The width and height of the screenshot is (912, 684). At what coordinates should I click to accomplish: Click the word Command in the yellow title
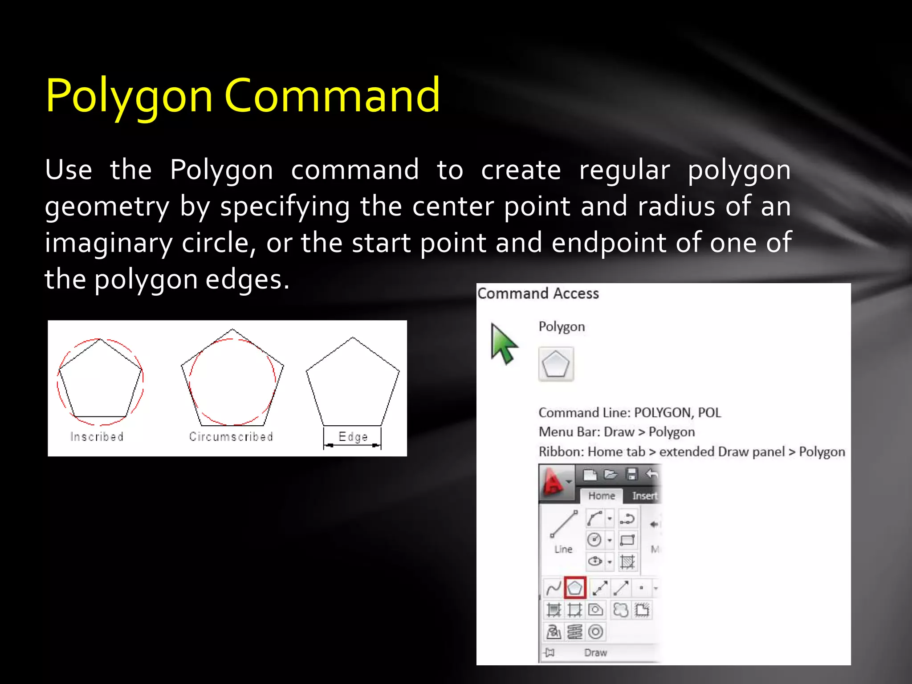click(x=332, y=95)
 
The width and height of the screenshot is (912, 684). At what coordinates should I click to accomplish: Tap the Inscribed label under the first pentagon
click(x=97, y=436)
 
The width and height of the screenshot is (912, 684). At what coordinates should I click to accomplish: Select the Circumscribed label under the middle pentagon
click(x=231, y=436)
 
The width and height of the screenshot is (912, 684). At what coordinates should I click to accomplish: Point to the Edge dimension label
click(x=353, y=436)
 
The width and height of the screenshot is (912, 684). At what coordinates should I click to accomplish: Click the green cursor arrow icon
click(x=503, y=343)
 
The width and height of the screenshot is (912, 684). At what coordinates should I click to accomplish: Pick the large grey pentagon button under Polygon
click(x=556, y=364)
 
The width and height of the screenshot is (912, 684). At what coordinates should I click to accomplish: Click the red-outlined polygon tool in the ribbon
click(x=575, y=588)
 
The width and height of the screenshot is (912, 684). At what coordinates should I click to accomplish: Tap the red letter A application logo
click(x=554, y=482)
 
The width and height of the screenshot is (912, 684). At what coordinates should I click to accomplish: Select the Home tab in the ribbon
click(x=601, y=496)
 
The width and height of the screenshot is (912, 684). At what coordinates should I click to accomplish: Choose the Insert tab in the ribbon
click(x=644, y=496)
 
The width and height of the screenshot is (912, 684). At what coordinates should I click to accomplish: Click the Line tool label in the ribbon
click(x=563, y=549)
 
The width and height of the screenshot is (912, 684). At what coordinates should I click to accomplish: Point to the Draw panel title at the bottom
click(x=595, y=652)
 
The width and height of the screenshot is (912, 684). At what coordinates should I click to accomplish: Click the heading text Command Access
click(x=538, y=293)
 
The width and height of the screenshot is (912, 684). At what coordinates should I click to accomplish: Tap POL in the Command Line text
click(x=709, y=412)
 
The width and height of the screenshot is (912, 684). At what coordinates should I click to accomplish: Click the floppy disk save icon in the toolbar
click(x=631, y=474)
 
